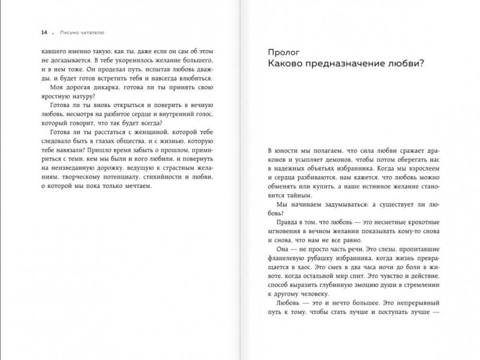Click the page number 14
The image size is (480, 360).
44,33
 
